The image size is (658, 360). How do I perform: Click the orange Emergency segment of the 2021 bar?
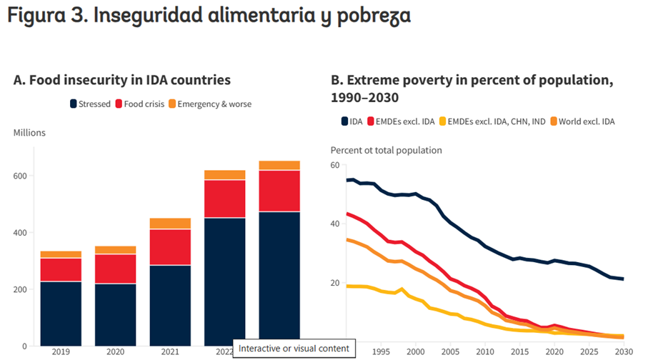169,224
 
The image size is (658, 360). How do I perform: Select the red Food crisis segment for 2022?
224,199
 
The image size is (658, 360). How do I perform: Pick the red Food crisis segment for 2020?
115,269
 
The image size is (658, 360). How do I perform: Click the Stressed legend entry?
90,104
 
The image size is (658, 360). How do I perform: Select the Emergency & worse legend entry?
209,104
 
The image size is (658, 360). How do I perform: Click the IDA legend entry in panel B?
351,121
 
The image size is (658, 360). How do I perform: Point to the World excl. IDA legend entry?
580,121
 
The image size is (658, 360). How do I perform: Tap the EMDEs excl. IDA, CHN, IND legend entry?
492,121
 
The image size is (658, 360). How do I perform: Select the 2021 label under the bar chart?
169,351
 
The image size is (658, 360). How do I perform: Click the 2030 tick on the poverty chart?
622,351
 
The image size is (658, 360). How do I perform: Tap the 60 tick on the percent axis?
333,165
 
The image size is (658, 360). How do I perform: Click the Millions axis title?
29,133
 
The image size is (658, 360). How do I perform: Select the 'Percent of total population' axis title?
386,150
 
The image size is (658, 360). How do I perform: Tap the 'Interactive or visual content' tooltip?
294,349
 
